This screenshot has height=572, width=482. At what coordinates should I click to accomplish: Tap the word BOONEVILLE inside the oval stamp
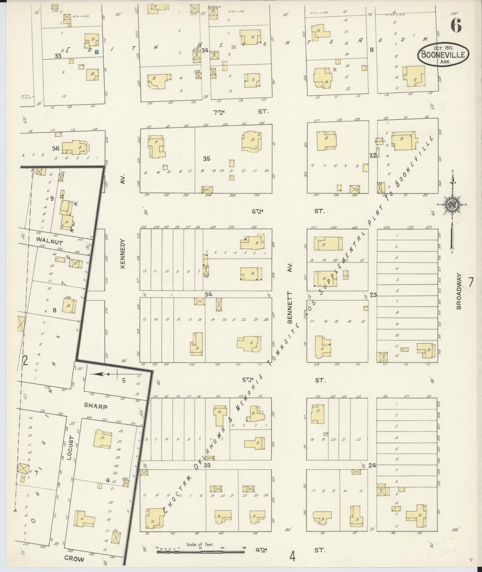pyautogui.click(x=443, y=55)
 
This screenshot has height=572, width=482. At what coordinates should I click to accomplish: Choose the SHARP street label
pyautogui.click(x=95, y=406)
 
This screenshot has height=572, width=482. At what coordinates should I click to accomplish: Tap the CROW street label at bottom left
pyautogui.click(x=75, y=559)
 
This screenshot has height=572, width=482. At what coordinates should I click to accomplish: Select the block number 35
pyautogui.click(x=206, y=159)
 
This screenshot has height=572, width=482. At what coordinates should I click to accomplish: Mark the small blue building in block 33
pyautogui.click(x=97, y=52)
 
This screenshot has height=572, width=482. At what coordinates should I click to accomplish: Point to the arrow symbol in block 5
pyautogui.click(x=103, y=374)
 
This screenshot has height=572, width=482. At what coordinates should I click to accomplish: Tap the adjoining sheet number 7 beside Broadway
pyautogui.click(x=471, y=282)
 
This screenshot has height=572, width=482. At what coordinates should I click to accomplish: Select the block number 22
pyautogui.click(x=373, y=155)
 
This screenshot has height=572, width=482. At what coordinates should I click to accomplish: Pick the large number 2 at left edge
pyautogui.click(x=25, y=361)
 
